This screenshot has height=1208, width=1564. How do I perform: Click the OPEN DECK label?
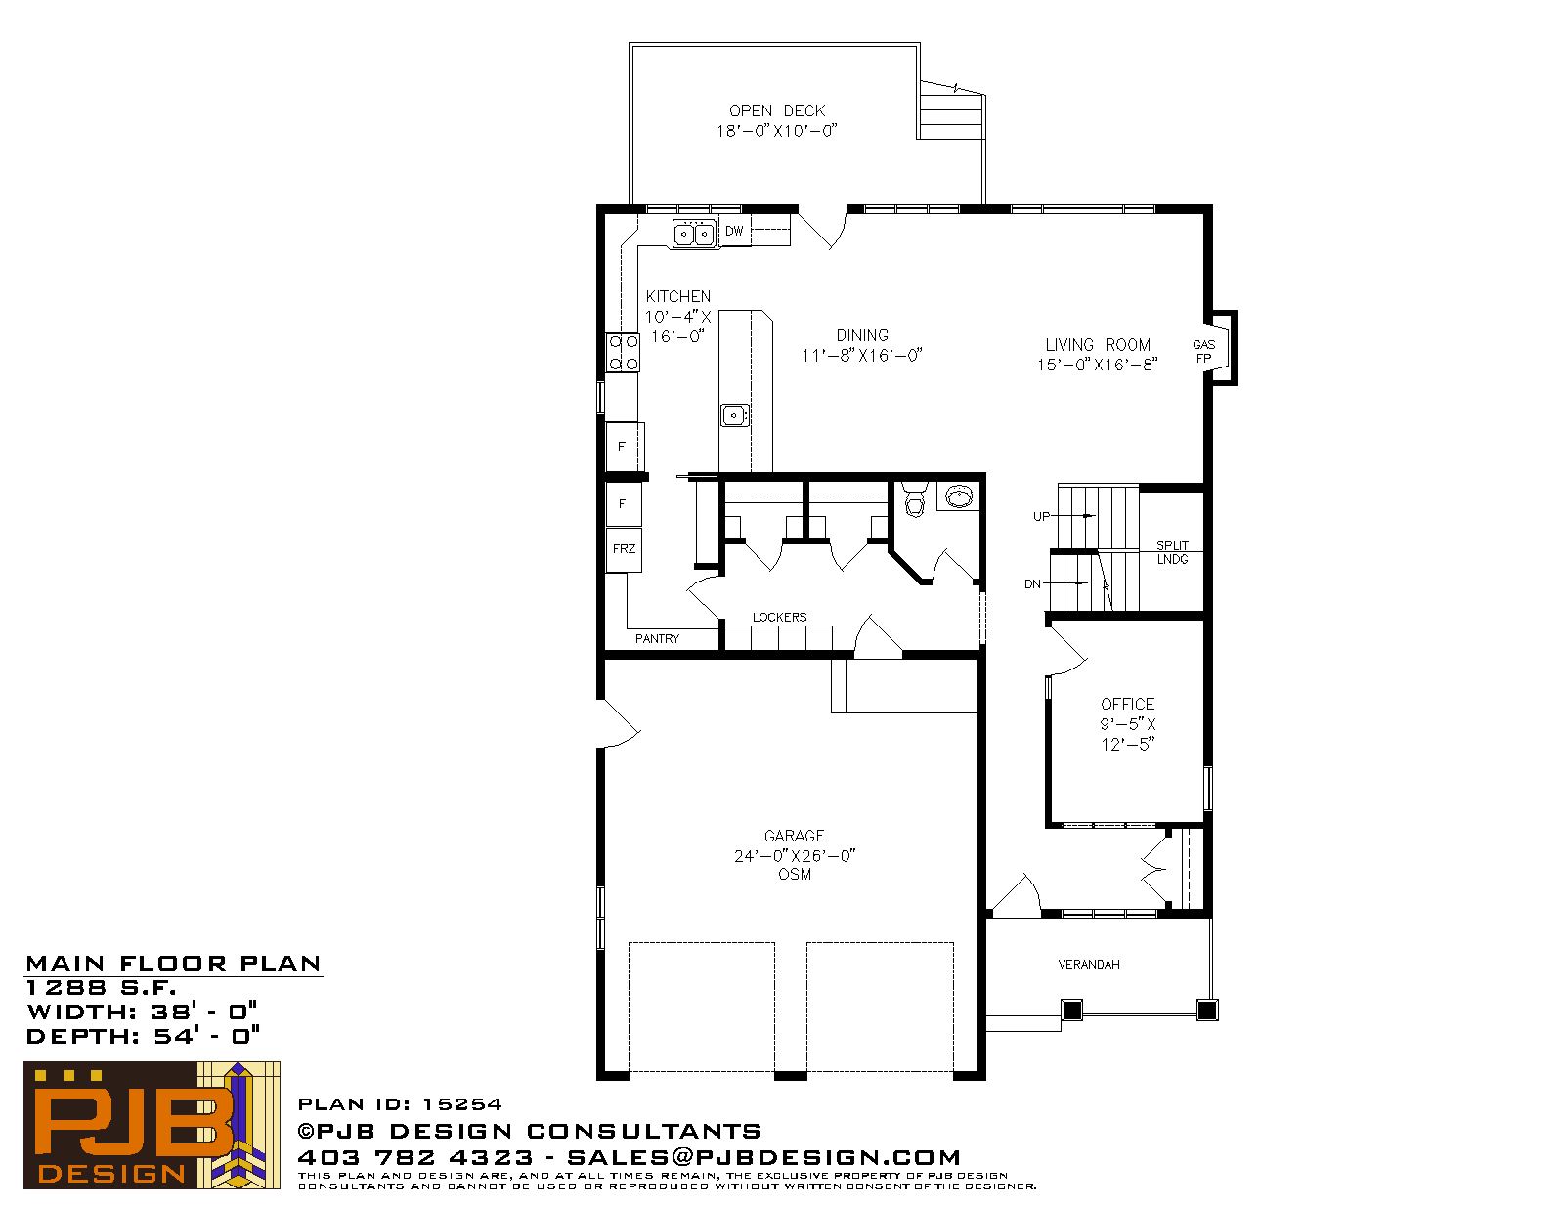pos(776,110)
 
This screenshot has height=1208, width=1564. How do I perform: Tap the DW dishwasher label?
pos(734,231)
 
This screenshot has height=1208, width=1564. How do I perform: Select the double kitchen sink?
pos(694,234)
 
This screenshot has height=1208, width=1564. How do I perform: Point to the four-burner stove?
pos(623,353)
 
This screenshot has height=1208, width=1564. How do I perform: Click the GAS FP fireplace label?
pos(1203,351)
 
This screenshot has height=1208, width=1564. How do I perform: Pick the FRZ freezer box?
pos(624,549)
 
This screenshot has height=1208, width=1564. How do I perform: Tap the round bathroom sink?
pos(959,496)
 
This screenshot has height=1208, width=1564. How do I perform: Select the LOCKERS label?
pos(779,618)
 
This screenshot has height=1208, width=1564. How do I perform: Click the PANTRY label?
pos(657,639)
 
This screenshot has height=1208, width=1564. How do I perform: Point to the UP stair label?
pos(1041,517)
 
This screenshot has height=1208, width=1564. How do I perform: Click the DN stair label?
pos(1033,584)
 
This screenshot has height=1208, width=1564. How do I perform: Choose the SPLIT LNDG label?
pos(1172,552)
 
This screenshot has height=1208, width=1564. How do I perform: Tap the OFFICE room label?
pos(1128,705)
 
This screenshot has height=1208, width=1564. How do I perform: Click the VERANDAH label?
pos(1089,964)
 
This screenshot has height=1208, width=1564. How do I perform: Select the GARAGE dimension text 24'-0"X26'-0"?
pos(795,856)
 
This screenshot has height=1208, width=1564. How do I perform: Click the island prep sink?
pos(734,415)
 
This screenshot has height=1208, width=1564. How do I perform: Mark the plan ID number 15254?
pos(462,1104)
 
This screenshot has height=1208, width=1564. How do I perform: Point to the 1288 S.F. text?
pos(101,988)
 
